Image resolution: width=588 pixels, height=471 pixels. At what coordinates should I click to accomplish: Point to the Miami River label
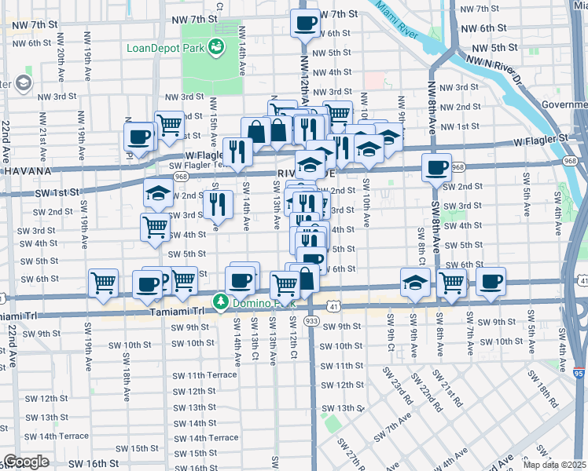pos(398,20)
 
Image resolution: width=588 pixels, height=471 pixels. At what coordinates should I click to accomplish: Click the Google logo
pos(26,462)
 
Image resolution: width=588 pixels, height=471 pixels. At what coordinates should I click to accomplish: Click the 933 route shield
pos(311,320)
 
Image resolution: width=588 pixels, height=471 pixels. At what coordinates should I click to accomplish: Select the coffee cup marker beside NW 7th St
pos(305,23)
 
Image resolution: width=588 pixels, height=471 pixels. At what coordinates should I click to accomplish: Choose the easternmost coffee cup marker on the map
pos(491,281)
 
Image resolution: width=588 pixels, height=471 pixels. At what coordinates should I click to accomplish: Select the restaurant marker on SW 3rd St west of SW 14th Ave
pos(218,204)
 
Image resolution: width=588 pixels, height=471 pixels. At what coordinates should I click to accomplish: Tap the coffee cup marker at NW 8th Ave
pos(436,166)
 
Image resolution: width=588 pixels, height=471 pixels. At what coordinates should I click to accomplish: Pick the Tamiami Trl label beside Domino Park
pos(177,312)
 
